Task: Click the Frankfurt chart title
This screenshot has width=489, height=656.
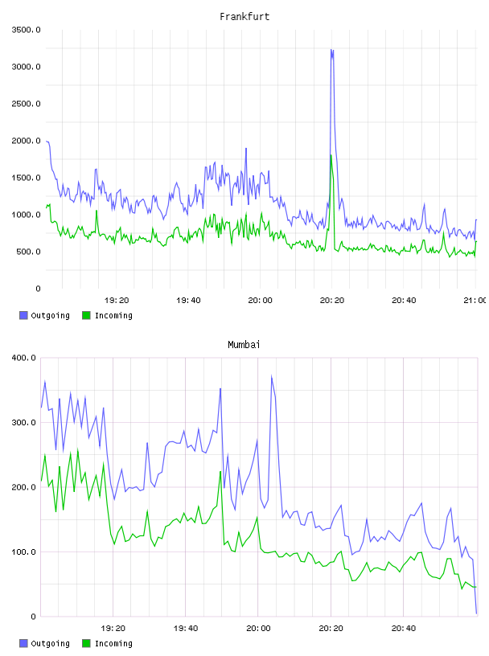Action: [244, 17]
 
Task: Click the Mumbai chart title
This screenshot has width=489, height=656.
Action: [244, 345]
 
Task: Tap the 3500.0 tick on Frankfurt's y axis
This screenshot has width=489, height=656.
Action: [27, 30]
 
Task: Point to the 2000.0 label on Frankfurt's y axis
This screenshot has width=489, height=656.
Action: [27, 141]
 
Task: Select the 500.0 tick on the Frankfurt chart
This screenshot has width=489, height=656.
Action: [28, 252]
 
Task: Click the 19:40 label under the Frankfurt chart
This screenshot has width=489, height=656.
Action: [188, 300]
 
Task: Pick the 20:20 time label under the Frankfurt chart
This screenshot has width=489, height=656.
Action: [332, 300]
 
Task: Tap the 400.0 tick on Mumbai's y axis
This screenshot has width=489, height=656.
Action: [24, 358]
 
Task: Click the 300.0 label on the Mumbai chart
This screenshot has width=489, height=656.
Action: [24, 422]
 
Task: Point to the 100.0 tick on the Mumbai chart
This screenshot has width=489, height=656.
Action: [24, 551]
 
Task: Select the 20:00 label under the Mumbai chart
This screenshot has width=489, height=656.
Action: [258, 628]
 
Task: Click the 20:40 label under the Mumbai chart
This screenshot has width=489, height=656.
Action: [404, 628]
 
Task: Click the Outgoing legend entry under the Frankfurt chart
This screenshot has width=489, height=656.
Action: [45, 315]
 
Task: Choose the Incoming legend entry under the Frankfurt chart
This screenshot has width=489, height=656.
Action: [108, 315]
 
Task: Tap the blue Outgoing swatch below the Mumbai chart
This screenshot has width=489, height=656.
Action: [23, 643]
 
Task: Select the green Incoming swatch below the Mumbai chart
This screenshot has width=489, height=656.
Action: [86, 643]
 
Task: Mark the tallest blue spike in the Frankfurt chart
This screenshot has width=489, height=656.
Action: [332, 50]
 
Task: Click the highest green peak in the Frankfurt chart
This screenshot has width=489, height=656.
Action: [331, 156]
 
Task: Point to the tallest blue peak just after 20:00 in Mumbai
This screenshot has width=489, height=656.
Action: [271, 376]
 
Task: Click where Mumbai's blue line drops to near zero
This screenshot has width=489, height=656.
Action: [476, 613]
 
